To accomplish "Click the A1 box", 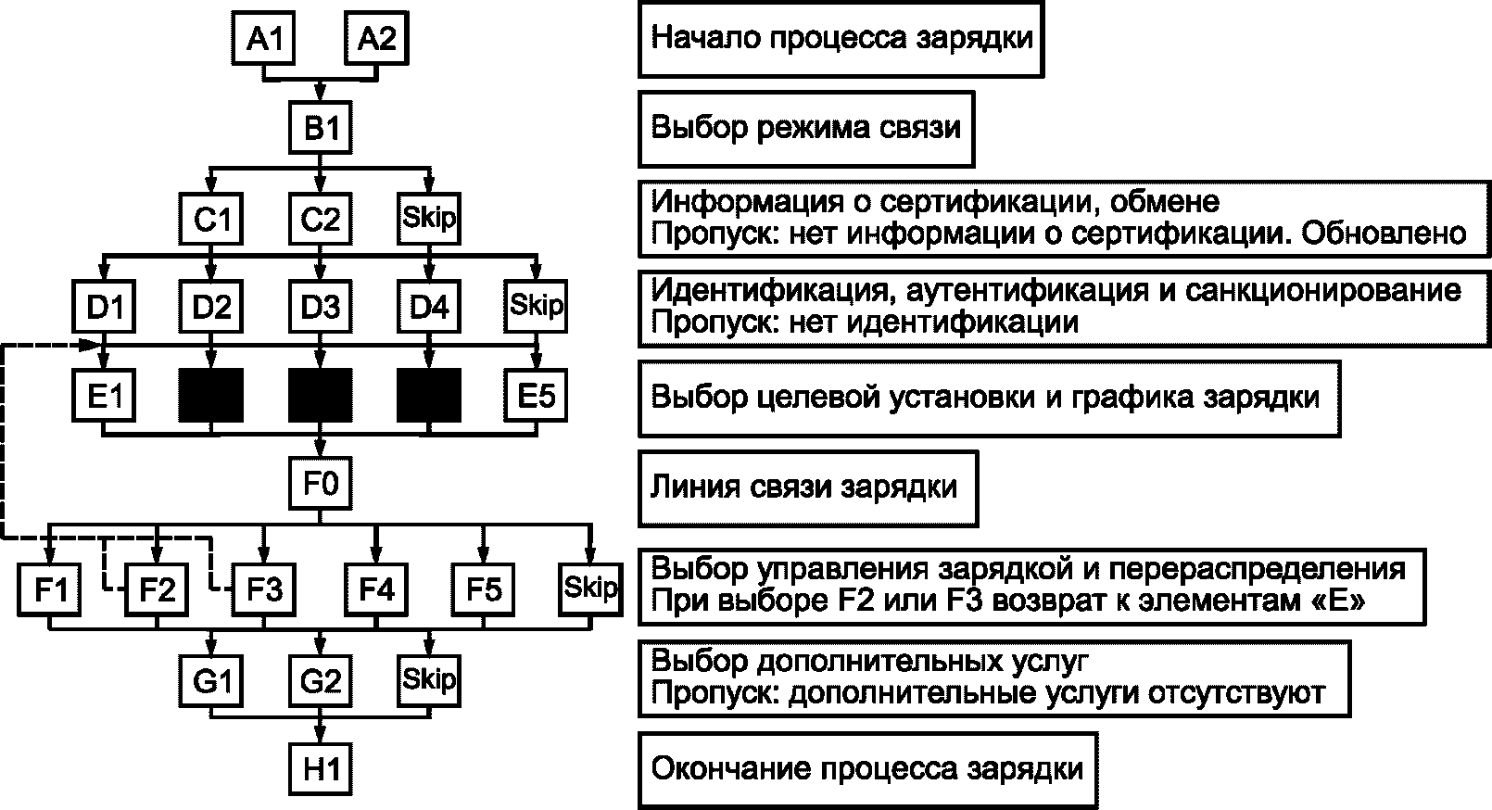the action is (x=264, y=37).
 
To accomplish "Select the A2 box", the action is (x=376, y=37).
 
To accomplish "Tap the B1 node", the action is (x=321, y=127).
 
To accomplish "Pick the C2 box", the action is (x=321, y=219).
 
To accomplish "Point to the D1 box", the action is (x=104, y=307).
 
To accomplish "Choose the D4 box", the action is (x=429, y=307).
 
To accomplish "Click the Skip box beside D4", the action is (x=537, y=307).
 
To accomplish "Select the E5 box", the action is (x=537, y=396).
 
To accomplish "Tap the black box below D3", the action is (x=321, y=396).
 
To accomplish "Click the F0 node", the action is (x=321, y=484).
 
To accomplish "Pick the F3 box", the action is (x=264, y=589).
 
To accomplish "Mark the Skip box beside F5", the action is (x=591, y=589).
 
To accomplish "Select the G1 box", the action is (x=211, y=681).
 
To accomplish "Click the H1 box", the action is (x=321, y=769).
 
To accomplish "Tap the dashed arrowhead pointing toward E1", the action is (x=90, y=345).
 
